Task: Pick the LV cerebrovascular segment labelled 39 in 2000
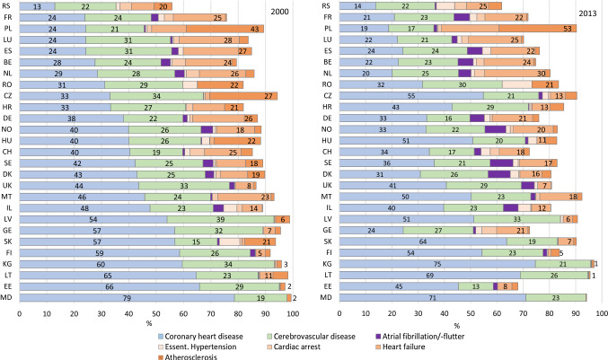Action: [221, 219]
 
